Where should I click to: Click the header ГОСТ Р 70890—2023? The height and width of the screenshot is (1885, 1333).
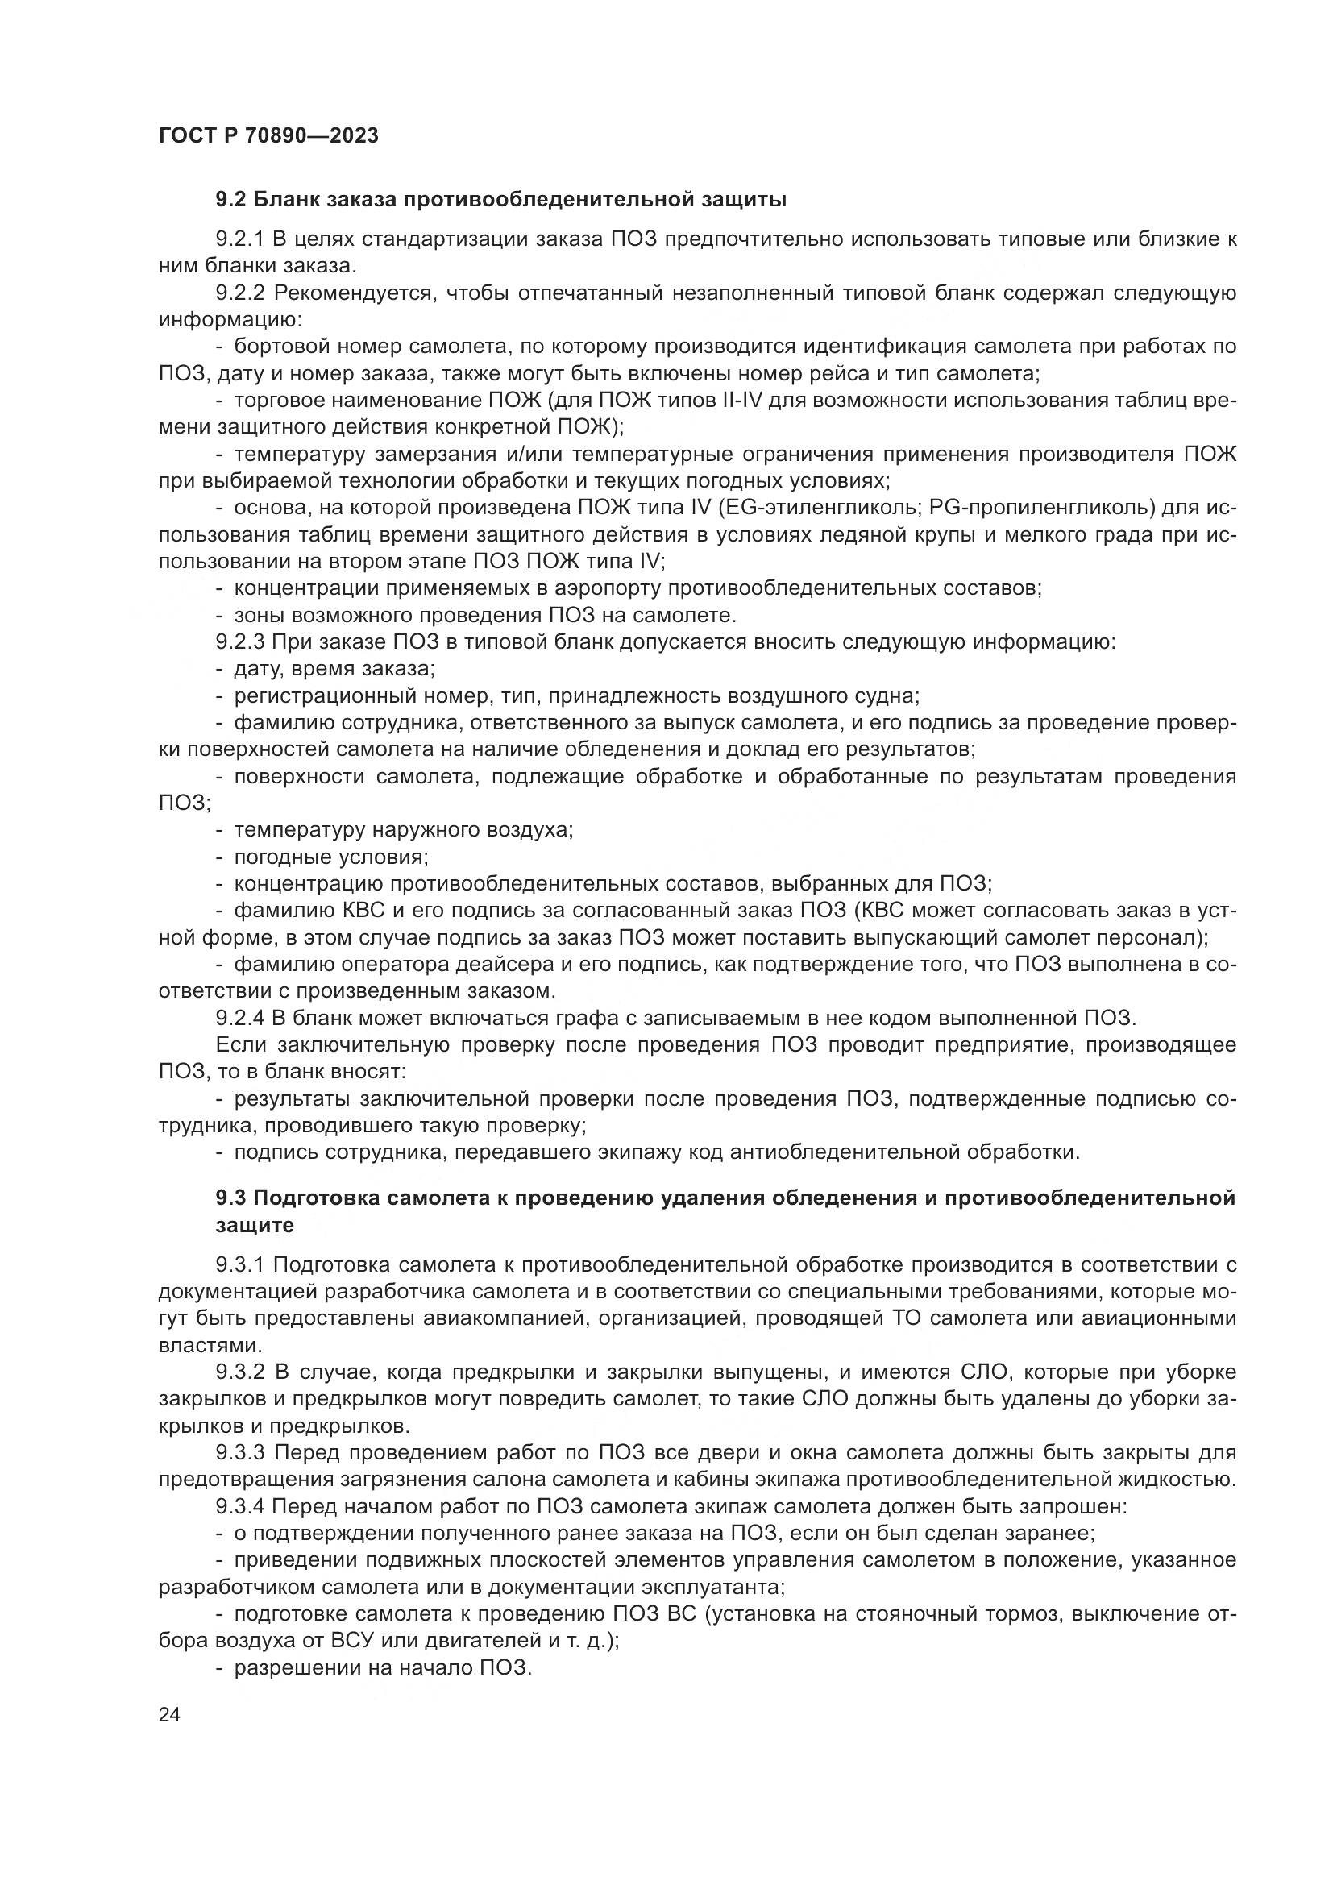(x=268, y=135)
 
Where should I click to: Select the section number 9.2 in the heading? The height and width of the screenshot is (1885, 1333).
(x=230, y=200)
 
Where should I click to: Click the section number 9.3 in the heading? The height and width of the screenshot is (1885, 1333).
(x=230, y=1198)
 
